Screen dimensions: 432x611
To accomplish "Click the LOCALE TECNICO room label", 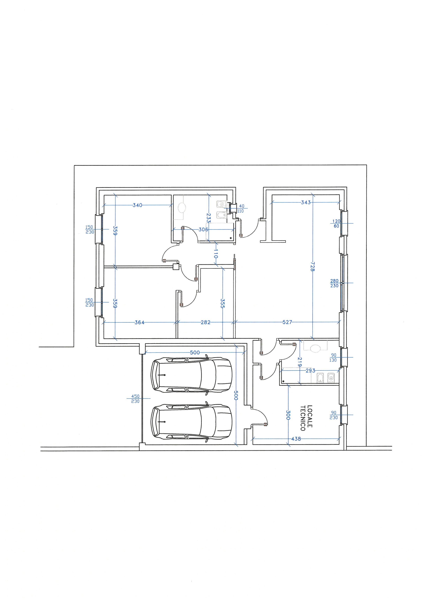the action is (306, 418).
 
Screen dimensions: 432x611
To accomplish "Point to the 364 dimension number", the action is (139, 322).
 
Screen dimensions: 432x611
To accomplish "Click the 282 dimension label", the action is (205, 322).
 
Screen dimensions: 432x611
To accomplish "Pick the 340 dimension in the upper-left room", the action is (138, 205).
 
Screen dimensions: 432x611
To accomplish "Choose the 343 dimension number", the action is (306, 202).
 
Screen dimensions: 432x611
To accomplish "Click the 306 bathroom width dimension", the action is (203, 229).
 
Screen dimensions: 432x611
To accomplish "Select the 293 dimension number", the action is (310, 370).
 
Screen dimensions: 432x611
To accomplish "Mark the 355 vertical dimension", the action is (223, 303).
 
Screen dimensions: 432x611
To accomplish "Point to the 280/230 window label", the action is (334, 283).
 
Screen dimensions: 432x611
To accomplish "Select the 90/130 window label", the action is (333, 358).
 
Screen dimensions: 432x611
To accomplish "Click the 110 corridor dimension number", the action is (216, 254).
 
